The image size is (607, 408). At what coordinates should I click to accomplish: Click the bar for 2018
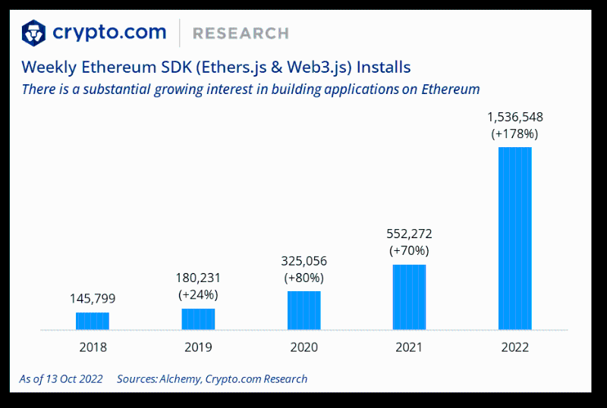pos(93,321)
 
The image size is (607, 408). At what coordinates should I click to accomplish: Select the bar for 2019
pos(198,319)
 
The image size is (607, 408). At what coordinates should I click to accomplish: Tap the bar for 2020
pos(303,310)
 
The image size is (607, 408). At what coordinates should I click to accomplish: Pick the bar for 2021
pos(409,297)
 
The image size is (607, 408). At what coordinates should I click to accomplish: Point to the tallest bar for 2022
pos(514,238)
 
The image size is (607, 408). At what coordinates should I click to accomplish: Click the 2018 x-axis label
pos(93,347)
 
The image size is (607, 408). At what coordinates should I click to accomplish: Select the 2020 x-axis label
pos(303,347)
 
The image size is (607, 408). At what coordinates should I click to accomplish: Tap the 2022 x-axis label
pos(514,347)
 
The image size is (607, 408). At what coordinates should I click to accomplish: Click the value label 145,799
pos(93,298)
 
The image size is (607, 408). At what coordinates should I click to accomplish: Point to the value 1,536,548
pos(514,117)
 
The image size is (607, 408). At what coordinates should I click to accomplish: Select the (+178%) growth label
pos(514,133)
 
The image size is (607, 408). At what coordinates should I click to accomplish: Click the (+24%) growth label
pos(198,294)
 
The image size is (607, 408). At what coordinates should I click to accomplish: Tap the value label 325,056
pos(303,260)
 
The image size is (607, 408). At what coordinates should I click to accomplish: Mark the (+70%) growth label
pos(409,250)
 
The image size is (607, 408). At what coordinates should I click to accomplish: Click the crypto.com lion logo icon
pos(33,33)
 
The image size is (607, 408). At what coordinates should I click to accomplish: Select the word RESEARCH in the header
pos(241,33)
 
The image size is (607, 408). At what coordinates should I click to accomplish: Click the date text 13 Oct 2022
pos(74,378)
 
